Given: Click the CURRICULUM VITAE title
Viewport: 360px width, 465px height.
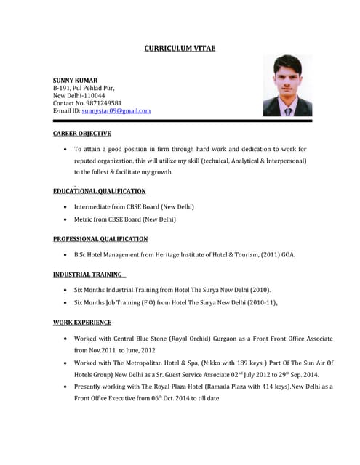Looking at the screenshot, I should [x=180, y=49].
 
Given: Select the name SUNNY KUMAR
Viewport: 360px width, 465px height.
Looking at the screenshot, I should [x=75, y=79].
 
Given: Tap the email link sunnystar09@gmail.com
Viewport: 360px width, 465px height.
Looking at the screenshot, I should [x=116, y=111].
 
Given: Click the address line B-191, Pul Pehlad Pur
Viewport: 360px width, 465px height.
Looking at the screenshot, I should [x=84, y=87].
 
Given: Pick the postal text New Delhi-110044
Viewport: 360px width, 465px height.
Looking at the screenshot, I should [x=79, y=95].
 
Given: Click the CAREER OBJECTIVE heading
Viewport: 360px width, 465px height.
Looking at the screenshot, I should [x=82, y=134].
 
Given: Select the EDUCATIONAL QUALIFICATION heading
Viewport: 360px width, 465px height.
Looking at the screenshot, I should [x=100, y=191].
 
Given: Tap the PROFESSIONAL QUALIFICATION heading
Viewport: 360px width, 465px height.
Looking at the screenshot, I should [x=100, y=239].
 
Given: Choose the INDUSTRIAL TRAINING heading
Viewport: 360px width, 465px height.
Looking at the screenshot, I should [x=88, y=275].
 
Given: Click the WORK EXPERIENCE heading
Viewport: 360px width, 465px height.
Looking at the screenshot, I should [x=82, y=322].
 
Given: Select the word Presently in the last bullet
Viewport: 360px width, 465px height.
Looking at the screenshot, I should [x=90, y=387].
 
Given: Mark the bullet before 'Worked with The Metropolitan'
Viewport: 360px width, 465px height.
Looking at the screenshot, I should [x=66, y=363].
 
